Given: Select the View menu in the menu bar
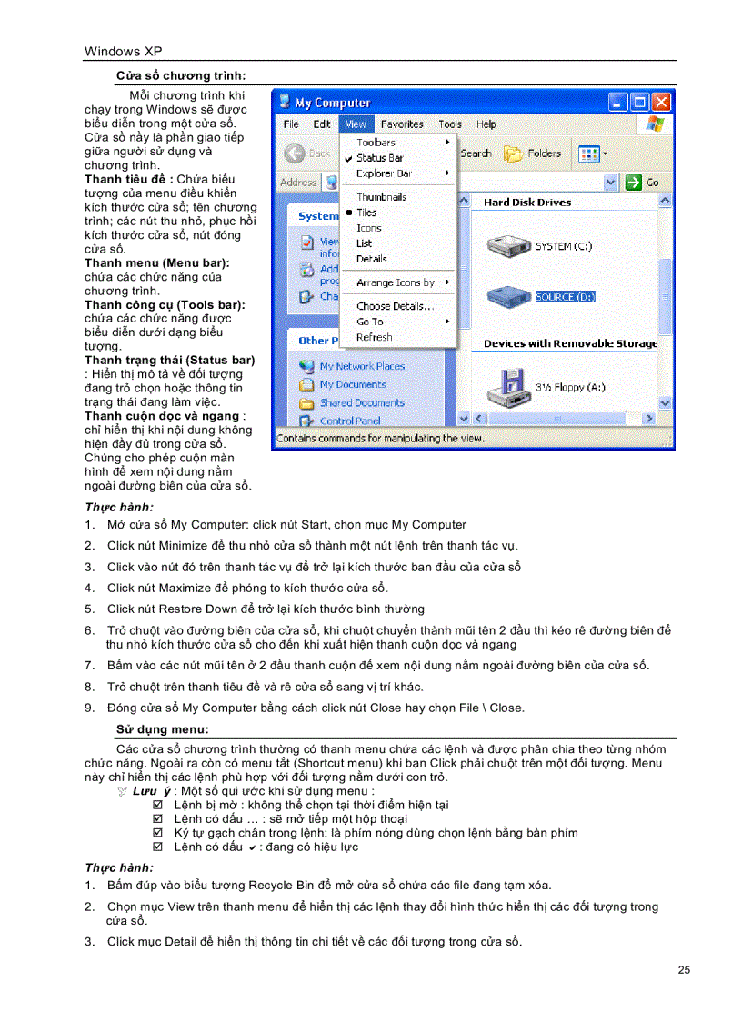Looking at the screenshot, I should click(356, 124).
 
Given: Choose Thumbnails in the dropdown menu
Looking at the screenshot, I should click(381, 197).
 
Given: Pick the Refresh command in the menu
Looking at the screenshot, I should click(374, 337).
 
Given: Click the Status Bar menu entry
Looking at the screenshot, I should click(379, 158).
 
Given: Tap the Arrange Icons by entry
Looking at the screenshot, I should click(395, 282).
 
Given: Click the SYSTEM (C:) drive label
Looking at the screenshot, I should click(566, 246).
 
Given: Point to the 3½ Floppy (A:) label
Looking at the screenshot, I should click(570, 387).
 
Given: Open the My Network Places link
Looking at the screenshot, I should click(361, 366).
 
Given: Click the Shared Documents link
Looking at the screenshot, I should click(361, 402).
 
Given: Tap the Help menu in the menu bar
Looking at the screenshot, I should click(486, 124).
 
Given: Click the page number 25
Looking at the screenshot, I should click(684, 970).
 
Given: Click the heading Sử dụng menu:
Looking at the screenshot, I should click(162, 729).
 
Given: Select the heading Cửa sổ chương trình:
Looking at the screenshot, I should click(181, 75).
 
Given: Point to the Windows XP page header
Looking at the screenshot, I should click(124, 52).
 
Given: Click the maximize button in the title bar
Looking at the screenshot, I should click(640, 102).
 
